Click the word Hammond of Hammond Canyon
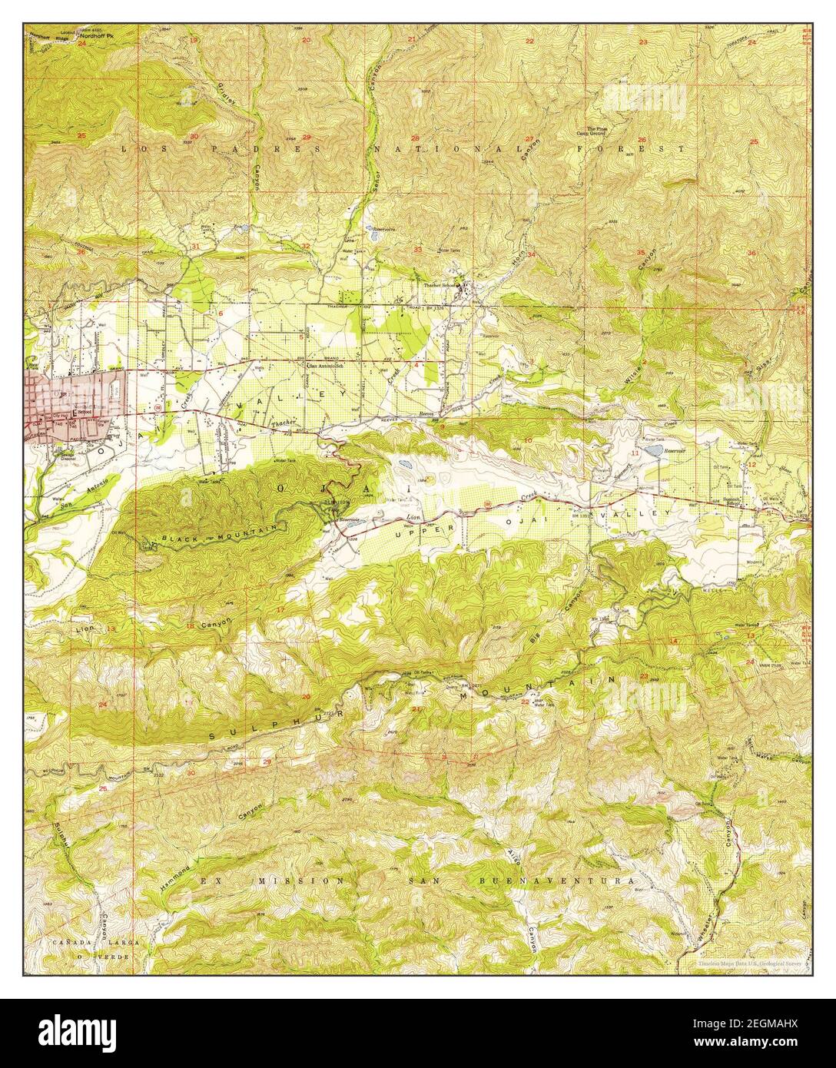(175, 867)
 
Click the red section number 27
(530, 139)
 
